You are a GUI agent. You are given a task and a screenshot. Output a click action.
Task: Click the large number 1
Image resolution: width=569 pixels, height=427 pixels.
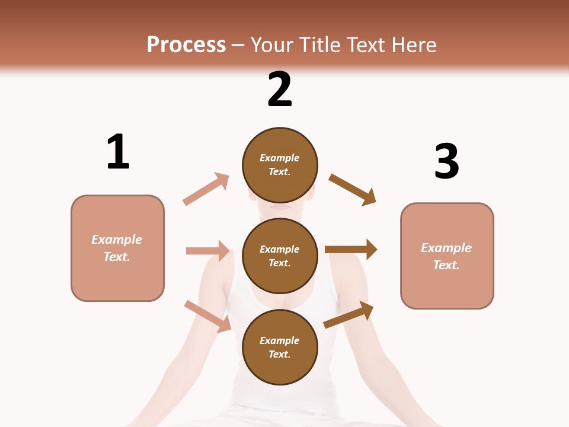click(x=118, y=152)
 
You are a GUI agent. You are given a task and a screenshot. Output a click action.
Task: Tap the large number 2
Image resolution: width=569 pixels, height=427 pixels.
click(x=280, y=90)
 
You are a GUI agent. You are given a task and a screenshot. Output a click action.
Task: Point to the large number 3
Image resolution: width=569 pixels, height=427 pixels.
click(x=446, y=161)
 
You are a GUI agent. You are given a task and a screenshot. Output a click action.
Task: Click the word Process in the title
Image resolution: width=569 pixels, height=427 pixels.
click(x=186, y=44)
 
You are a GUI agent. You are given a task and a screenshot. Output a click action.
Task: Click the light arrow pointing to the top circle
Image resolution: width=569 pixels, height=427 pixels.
click(x=206, y=189)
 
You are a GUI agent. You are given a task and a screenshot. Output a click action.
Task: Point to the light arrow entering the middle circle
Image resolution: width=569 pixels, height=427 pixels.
click(x=207, y=251)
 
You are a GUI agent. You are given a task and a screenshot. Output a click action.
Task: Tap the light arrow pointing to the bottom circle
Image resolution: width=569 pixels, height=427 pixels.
click(x=208, y=316)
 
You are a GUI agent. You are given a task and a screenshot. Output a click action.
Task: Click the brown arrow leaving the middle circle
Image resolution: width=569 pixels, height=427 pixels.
click(x=351, y=249)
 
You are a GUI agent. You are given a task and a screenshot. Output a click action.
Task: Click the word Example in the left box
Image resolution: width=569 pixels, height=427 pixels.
click(x=117, y=240)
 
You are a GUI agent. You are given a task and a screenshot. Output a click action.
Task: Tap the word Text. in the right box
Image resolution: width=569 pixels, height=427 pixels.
click(x=446, y=265)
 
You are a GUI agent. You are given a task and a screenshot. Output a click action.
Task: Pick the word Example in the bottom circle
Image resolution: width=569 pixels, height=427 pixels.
click(x=280, y=340)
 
